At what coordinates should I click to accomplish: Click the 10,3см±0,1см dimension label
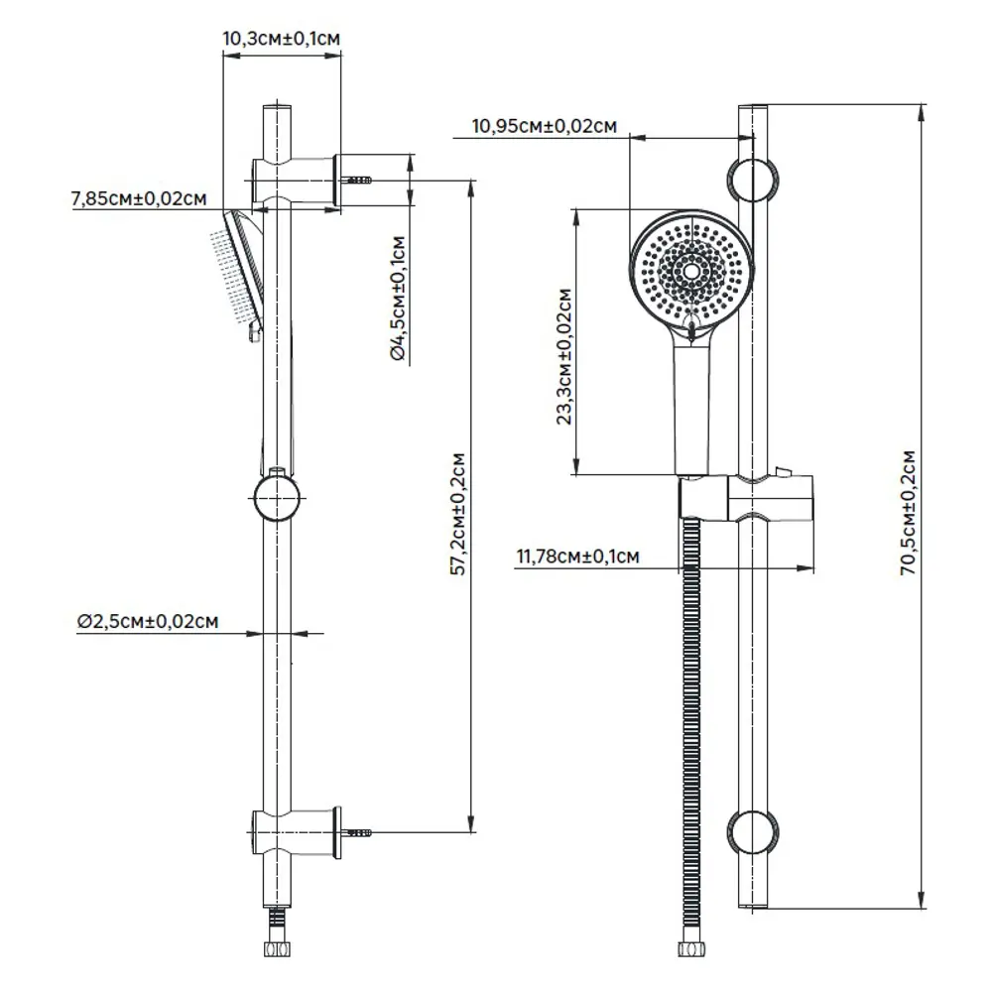click(283, 39)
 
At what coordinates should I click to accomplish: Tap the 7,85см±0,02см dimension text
click(138, 198)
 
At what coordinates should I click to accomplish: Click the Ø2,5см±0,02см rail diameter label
click(146, 621)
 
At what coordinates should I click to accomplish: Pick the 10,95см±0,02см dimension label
click(545, 126)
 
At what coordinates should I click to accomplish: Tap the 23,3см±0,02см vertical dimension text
click(565, 356)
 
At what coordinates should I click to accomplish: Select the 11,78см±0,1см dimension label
click(577, 558)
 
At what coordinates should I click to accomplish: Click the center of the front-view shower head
click(691, 270)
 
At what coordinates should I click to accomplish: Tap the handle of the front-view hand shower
click(691, 407)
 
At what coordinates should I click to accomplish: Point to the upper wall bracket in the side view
click(298, 180)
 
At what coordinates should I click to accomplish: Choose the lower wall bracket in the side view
click(298, 831)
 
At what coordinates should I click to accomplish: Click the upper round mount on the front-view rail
click(753, 180)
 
